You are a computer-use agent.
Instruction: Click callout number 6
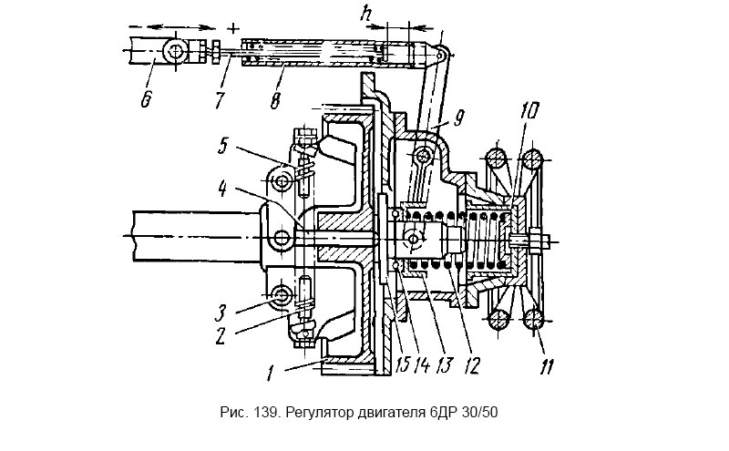coord(146,98)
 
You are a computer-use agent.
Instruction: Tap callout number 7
coord(220,99)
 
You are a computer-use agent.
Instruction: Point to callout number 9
coord(458,118)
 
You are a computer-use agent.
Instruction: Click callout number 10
coord(530,111)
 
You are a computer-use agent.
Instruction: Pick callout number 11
coord(547,366)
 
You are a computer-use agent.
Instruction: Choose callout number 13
coord(444,365)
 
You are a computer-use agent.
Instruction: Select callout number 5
coord(222,146)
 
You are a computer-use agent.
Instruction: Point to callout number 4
coord(223,190)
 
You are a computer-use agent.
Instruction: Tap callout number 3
coord(221,313)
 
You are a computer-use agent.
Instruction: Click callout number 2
coord(220,335)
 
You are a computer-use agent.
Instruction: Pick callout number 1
coord(269,374)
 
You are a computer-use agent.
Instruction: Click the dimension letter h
coord(367,15)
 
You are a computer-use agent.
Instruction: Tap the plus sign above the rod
coord(233,29)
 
